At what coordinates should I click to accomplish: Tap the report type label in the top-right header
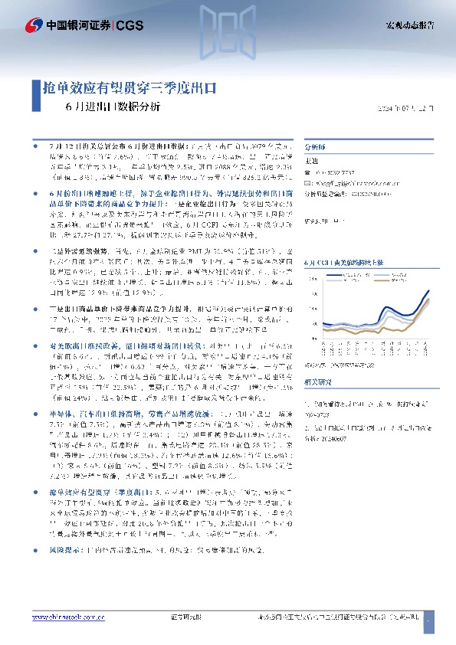(408, 26)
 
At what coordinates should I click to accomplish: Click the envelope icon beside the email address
(308, 184)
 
